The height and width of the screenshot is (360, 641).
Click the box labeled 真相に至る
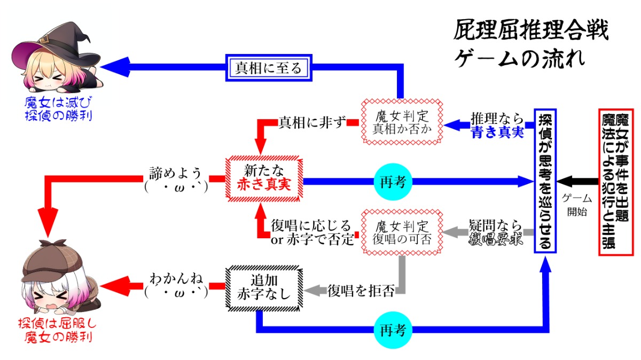click(x=269, y=68)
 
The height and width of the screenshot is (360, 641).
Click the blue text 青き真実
click(x=497, y=133)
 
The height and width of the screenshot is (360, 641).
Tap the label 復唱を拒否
click(x=361, y=291)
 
